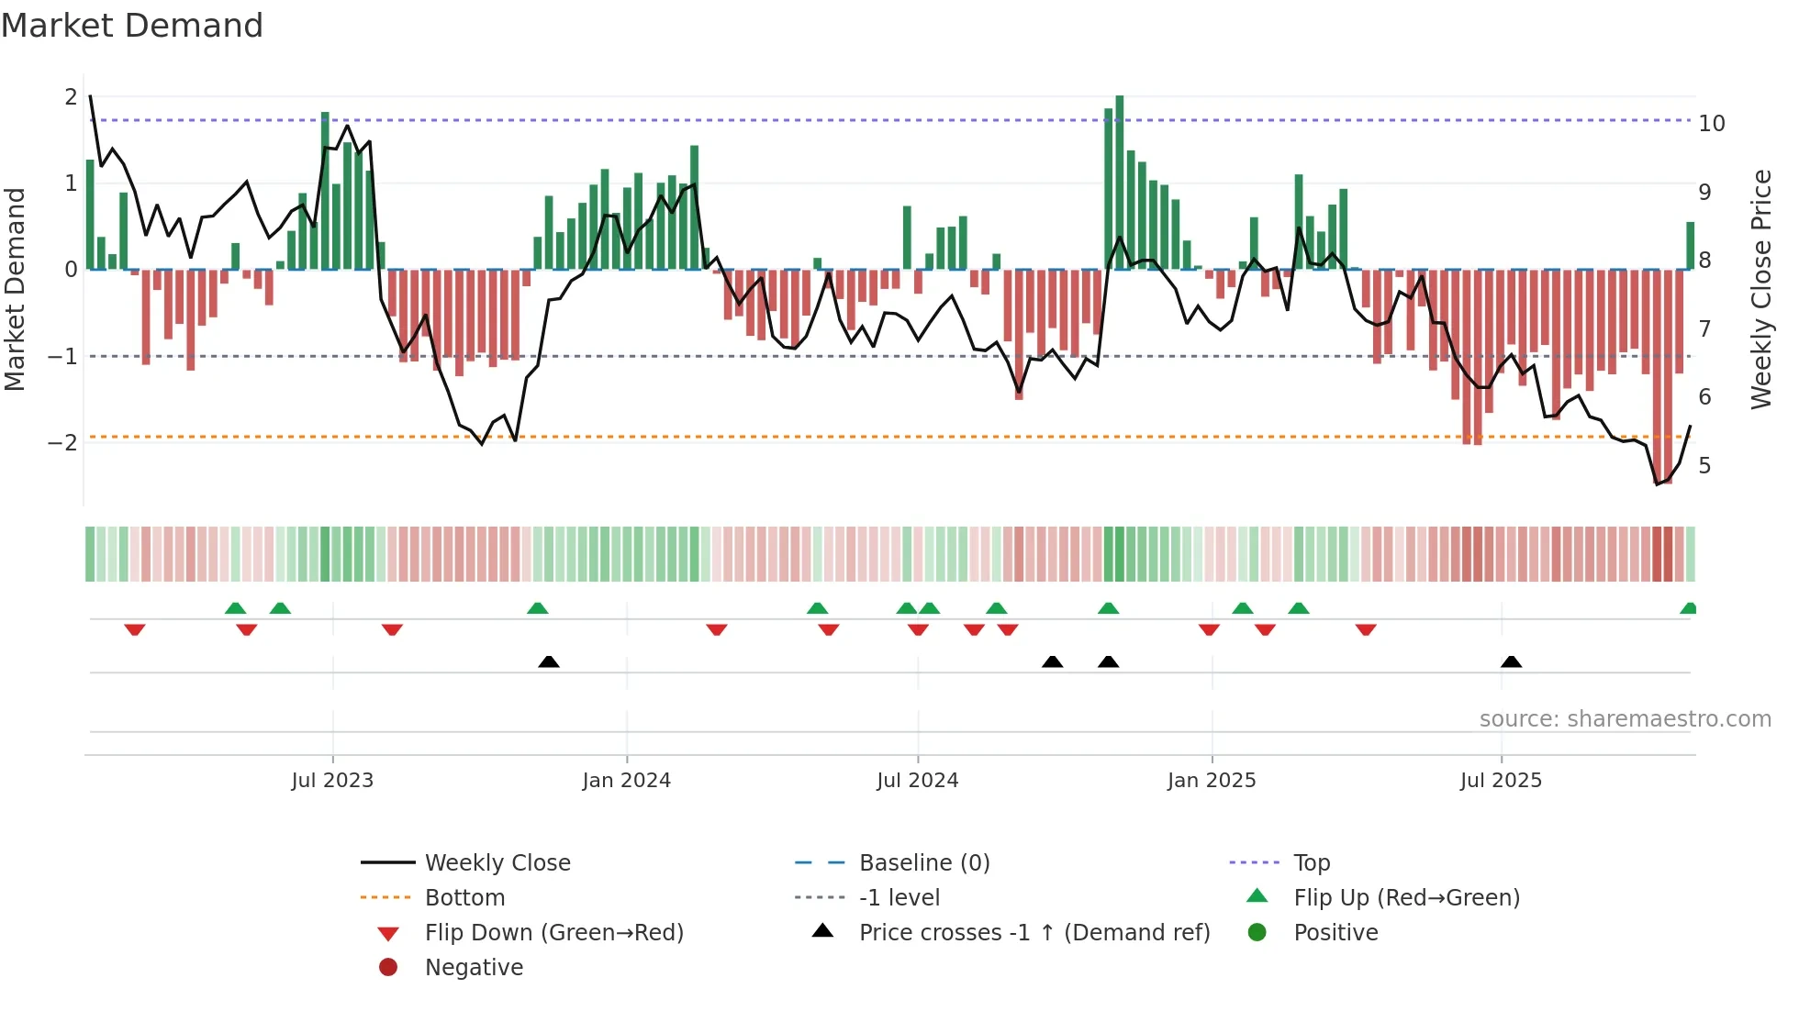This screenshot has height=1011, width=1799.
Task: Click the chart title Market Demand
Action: (x=132, y=25)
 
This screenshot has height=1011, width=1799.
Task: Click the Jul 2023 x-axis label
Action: (x=332, y=781)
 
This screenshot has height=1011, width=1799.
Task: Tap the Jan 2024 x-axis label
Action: (x=627, y=781)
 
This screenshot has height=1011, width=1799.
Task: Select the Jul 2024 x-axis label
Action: (x=917, y=781)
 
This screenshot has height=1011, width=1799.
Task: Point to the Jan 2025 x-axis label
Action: (x=1212, y=781)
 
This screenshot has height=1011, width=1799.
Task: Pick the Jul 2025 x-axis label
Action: (x=1501, y=781)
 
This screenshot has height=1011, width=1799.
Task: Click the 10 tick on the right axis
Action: (x=1712, y=124)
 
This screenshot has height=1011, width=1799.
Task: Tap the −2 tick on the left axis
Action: (x=63, y=443)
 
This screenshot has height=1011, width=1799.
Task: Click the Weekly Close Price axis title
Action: (x=1760, y=289)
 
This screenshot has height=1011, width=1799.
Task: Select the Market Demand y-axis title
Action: (x=16, y=289)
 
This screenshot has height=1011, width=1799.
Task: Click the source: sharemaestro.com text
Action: (x=1625, y=719)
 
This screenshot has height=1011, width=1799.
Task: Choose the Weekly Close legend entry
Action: (x=497, y=863)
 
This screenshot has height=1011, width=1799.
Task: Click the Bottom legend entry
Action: (x=464, y=898)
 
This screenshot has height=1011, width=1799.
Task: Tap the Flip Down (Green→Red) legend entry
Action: (x=553, y=933)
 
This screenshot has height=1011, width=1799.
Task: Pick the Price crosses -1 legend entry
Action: (x=1034, y=933)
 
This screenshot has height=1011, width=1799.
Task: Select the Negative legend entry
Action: (x=474, y=968)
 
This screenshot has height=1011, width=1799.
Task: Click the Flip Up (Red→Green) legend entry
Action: (x=1406, y=898)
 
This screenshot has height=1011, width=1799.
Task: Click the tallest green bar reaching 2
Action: (x=1119, y=183)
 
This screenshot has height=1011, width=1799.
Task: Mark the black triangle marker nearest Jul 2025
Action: (x=1511, y=662)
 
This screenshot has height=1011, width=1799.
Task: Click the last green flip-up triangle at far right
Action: (x=1688, y=608)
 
